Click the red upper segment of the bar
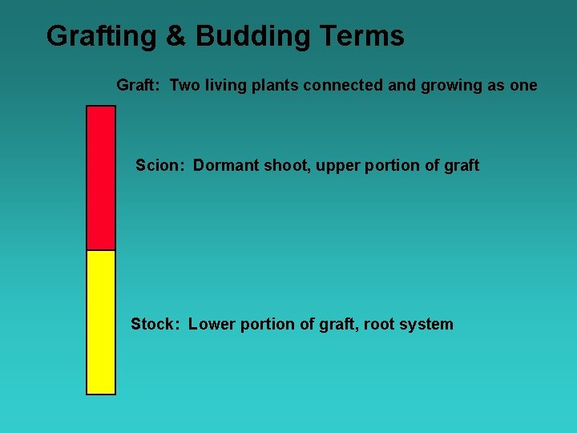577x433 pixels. click(x=101, y=178)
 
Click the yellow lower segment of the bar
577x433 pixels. click(x=101, y=322)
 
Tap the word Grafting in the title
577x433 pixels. click(x=101, y=36)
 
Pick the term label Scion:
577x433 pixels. click(x=160, y=165)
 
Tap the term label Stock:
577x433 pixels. click(x=156, y=324)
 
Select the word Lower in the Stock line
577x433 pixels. click(x=212, y=324)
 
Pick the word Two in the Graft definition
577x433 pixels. click(x=184, y=85)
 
